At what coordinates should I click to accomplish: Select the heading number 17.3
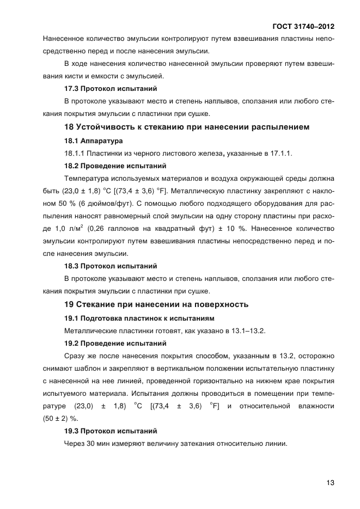coord(72,88)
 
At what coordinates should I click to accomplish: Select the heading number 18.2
coord(72,166)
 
